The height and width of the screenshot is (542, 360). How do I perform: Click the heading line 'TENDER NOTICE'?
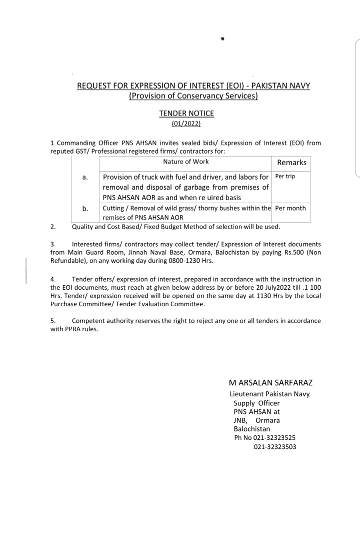click(x=186, y=113)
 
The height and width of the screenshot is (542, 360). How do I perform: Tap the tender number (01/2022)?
click(x=186, y=123)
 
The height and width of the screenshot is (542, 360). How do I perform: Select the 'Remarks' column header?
click(x=291, y=163)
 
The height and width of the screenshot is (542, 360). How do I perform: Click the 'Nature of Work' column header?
click(x=186, y=162)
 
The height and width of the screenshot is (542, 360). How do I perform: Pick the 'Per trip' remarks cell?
click(x=285, y=176)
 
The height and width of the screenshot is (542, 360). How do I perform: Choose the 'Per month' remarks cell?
click(x=290, y=208)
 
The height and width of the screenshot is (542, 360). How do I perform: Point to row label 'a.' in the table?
click(x=85, y=178)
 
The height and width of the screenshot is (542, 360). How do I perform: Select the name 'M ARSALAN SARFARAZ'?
click(x=270, y=383)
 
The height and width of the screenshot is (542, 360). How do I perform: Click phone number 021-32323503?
click(x=275, y=446)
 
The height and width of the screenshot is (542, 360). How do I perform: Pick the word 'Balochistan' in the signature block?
click(x=251, y=429)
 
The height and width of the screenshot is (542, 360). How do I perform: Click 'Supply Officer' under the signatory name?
click(x=256, y=403)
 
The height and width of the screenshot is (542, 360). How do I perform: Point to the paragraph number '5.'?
click(x=53, y=321)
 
